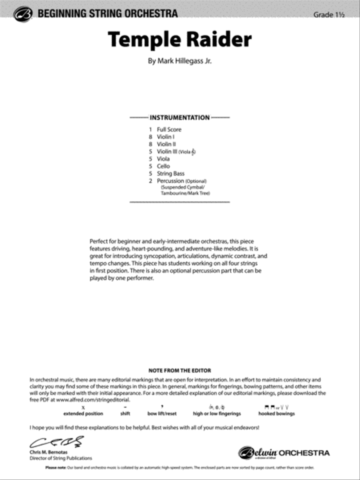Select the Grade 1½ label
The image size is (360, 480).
point(329,15)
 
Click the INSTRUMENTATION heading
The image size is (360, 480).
point(180,118)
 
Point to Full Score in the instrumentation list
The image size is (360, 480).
point(169,129)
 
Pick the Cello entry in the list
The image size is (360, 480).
point(163,166)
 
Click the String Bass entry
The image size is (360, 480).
point(170,174)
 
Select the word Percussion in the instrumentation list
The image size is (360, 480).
point(170,181)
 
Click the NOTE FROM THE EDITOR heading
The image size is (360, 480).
point(180,370)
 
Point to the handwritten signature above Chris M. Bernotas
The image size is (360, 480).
point(56,441)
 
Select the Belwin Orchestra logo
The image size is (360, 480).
point(284,453)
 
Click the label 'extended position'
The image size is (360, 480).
point(83,414)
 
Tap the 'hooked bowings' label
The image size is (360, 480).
point(276,414)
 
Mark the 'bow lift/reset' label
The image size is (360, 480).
point(162,414)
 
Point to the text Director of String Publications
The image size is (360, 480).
point(61,458)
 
